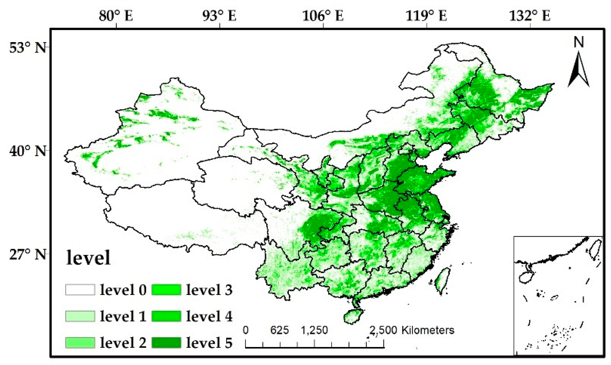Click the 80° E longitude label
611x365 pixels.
tap(116, 16)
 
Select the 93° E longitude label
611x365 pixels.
tap(219, 16)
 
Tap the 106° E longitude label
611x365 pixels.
tap(323, 16)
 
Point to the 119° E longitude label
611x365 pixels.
tap(426, 16)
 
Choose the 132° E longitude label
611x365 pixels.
tap(530, 16)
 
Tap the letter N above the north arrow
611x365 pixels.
tap(579, 42)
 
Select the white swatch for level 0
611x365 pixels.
tap(80, 290)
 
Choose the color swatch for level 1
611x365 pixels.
tap(80, 316)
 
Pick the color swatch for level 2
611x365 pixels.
tap(80, 342)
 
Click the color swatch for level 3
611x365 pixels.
tap(166, 290)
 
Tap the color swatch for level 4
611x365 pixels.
tap(166, 316)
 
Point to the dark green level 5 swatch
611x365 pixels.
tap(166, 342)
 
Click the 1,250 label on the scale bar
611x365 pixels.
tap(314, 330)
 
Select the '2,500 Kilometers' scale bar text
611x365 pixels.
tap(412, 330)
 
